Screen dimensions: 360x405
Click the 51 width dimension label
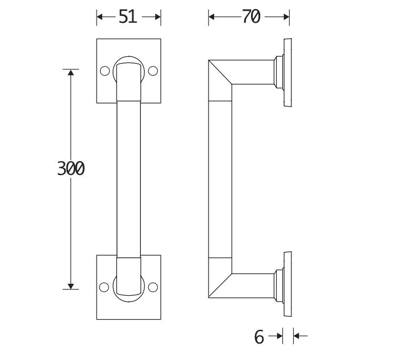pos(128,17)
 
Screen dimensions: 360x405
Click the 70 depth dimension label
pos(250,17)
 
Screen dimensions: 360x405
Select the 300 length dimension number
pos(71,168)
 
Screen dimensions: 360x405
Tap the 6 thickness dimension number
pos(259,337)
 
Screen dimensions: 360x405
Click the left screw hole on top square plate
pos(104,72)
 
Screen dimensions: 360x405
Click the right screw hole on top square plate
pos(153,72)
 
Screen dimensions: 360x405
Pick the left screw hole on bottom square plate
pos(104,287)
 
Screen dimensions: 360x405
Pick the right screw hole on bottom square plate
pos(153,287)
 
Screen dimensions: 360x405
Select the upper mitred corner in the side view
pos(220,80)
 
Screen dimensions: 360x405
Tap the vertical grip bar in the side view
pos(220,179)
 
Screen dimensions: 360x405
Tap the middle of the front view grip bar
pos(128,179)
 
